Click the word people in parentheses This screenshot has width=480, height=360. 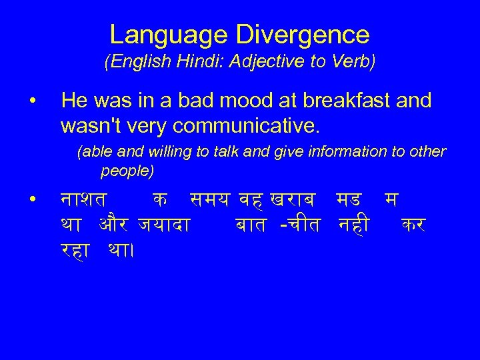tap(127, 171)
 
